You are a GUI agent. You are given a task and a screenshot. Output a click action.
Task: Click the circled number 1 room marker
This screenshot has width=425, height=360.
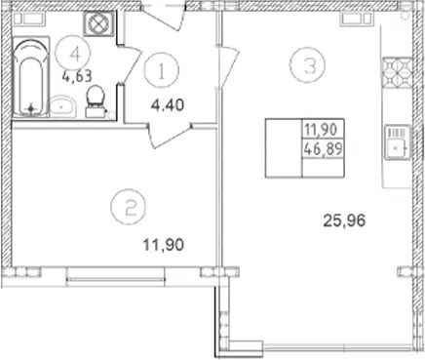(x=162, y=70)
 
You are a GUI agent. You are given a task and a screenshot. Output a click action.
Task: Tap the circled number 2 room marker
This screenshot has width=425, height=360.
(x=129, y=207)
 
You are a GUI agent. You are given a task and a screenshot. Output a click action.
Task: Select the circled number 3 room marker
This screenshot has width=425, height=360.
(x=307, y=65)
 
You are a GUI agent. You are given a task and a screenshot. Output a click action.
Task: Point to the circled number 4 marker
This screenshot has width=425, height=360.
(x=73, y=53)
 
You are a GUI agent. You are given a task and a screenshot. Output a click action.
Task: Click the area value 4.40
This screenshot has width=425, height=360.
(x=168, y=105)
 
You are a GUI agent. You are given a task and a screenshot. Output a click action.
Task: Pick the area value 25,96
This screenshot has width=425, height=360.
(x=344, y=221)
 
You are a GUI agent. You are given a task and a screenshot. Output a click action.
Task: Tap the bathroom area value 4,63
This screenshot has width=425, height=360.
(x=77, y=77)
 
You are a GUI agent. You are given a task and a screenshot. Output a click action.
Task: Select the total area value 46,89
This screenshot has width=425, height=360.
(x=323, y=149)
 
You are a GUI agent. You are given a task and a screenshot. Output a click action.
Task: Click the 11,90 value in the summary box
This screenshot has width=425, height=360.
(x=321, y=130)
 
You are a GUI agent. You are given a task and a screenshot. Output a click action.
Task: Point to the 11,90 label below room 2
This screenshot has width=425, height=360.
(x=164, y=245)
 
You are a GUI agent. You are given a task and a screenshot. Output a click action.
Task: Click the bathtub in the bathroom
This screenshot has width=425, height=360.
(x=31, y=77)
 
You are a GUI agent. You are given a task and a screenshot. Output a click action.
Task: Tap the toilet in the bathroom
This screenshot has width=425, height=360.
(x=96, y=100)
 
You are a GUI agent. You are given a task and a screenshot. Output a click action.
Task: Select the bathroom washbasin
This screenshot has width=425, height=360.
(x=62, y=105)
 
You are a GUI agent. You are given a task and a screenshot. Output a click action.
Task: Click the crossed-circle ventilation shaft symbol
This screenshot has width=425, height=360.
(x=99, y=23)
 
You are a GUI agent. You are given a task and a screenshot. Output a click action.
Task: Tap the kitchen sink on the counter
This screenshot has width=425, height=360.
(x=398, y=142)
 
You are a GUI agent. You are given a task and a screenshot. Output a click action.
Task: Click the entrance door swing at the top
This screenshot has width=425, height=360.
(x=164, y=17)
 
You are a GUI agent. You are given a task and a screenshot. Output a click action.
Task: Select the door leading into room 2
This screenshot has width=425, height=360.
(x=170, y=135)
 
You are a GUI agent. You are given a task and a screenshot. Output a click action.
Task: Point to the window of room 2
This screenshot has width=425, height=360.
(x=115, y=277)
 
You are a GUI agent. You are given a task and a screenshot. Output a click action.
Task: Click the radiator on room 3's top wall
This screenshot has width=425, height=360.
(x=356, y=19)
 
